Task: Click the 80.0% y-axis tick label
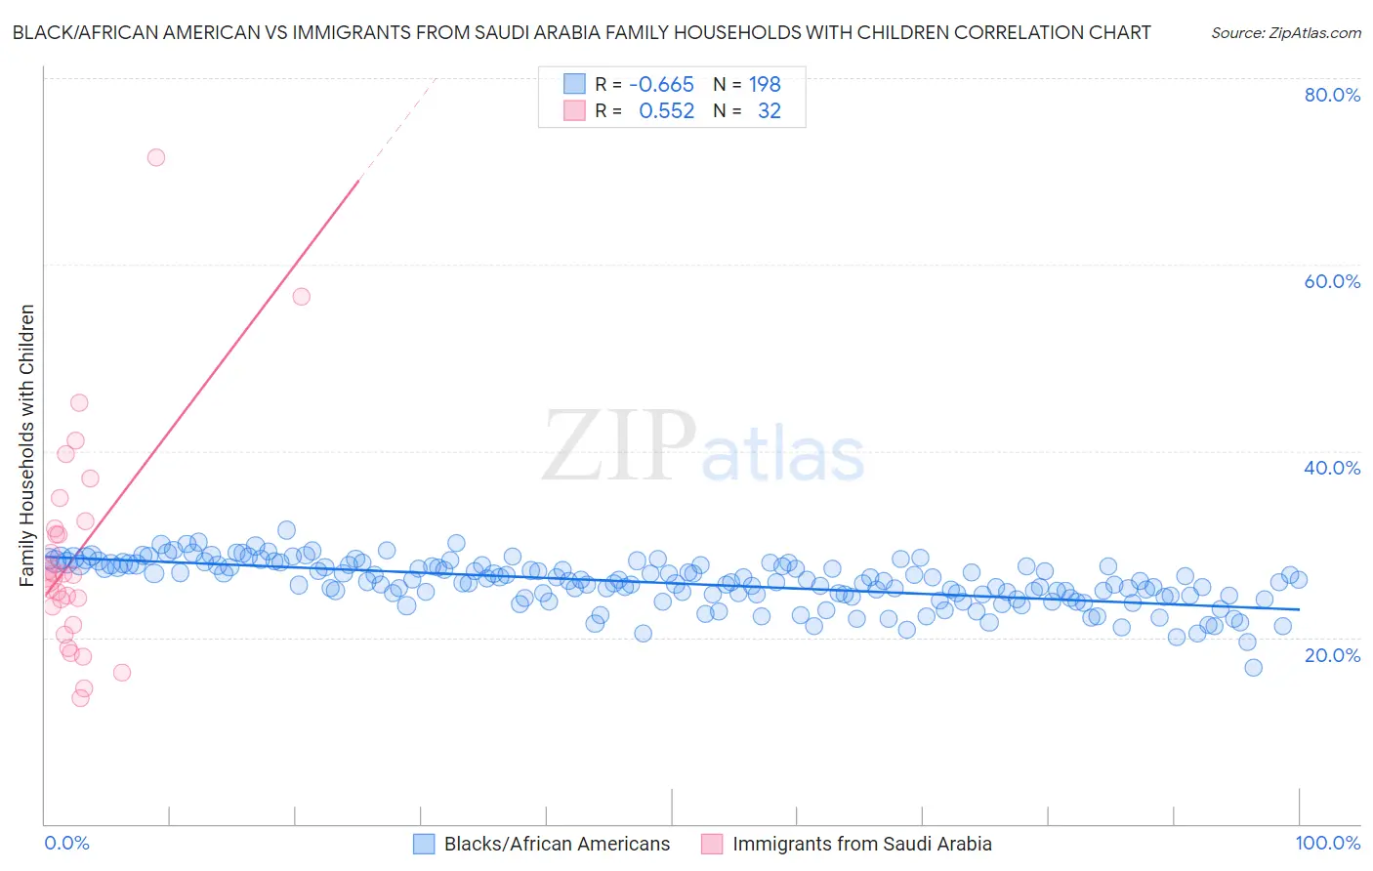(x=1332, y=95)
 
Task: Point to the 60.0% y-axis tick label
(x=1332, y=281)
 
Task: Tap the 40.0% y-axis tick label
(x=1332, y=468)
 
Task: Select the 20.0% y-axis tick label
(x=1332, y=654)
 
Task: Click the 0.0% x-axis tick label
(x=66, y=843)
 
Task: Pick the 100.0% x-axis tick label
(x=1327, y=843)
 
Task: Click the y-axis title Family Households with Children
(x=27, y=445)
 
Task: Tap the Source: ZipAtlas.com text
(x=1285, y=32)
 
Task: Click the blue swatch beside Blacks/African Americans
(x=424, y=844)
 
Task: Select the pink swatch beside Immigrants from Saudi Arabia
(x=712, y=844)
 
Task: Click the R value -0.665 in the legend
(x=661, y=84)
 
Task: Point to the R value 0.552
(x=666, y=110)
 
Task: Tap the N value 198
(x=765, y=84)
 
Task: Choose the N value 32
(x=769, y=110)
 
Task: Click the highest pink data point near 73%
(x=156, y=157)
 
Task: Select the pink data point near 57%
(x=302, y=297)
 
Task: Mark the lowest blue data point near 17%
(x=1253, y=668)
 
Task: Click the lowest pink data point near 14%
(x=81, y=697)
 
